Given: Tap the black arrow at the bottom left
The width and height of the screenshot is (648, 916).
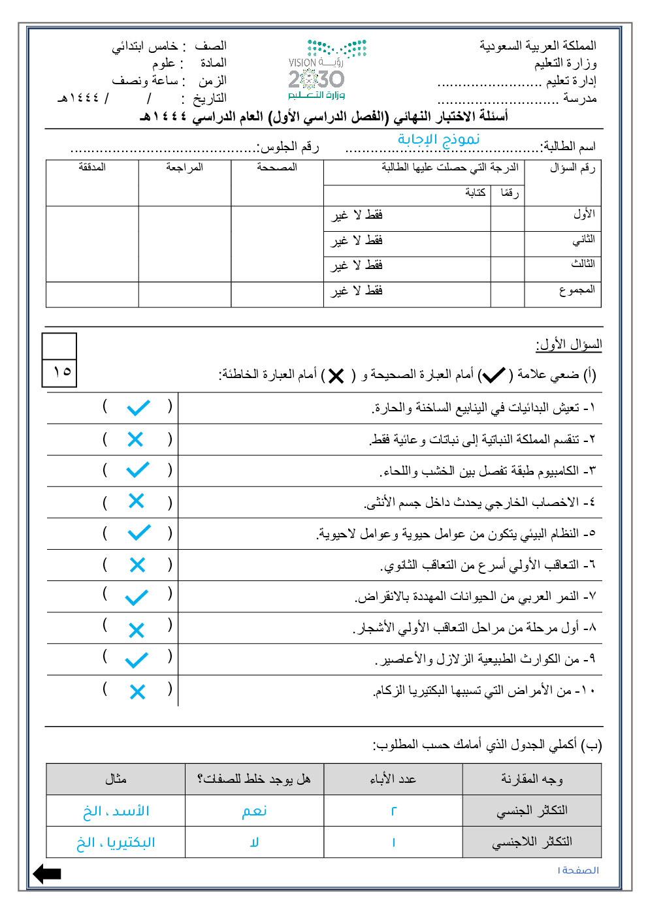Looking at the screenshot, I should click(47, 874).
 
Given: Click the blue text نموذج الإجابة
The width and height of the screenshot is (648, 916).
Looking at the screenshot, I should click(438, 139).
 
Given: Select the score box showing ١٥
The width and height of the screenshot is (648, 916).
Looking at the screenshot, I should click(60, 372).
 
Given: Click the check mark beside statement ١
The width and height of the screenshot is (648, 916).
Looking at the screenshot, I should click(138, 408).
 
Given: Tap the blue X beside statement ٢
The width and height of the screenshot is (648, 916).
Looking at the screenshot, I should click(135, 439).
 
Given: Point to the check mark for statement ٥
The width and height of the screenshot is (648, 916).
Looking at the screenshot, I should click(138, 533).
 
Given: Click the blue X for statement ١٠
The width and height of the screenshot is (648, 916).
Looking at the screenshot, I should click(137, 691).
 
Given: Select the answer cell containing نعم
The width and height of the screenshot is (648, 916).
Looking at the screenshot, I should click(254, 811).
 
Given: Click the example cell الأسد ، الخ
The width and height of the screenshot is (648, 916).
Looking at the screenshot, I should click(116, 811).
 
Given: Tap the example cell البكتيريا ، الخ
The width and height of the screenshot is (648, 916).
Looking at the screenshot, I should click(116, 842).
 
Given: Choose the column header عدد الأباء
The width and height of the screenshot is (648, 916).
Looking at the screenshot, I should click(393, 779).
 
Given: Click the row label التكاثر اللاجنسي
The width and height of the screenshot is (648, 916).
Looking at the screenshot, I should click(532, 842).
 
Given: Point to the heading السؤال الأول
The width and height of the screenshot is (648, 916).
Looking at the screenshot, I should click(568, 344).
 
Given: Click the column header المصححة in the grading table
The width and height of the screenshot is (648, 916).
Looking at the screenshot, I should click(277, 167).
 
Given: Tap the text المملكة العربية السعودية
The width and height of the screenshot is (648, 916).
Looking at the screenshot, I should click(538, 46).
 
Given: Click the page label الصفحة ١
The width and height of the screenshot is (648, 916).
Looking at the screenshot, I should click(578, 870).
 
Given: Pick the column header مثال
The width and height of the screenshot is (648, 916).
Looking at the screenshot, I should click(116, 779).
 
